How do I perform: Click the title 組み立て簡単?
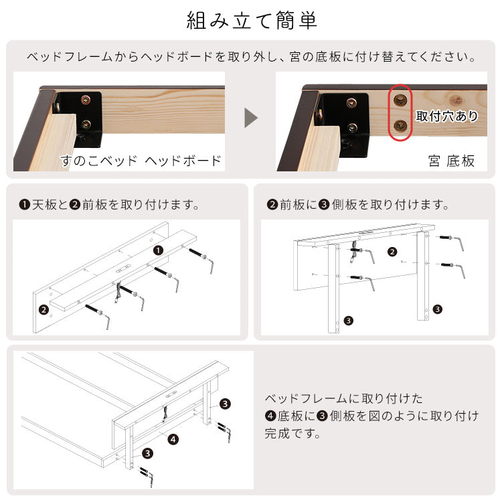(251, 20)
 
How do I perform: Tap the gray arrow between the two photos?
(251, 118)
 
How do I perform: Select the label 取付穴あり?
(447, 116)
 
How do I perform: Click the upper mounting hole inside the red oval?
(400, 100)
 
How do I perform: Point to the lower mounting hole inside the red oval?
(400, 125)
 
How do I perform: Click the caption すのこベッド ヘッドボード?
(141, 161)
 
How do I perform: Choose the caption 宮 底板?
(451, 161)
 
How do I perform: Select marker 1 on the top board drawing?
(158, 250)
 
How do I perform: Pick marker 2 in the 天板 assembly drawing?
(44, 309)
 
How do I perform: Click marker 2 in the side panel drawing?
(393, 252)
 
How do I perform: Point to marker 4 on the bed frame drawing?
(173, 440)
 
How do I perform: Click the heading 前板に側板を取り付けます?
(358, 204)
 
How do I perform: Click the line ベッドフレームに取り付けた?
(344, 399)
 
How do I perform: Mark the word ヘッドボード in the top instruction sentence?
(177, 57)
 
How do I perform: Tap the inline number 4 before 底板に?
(271, 416)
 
